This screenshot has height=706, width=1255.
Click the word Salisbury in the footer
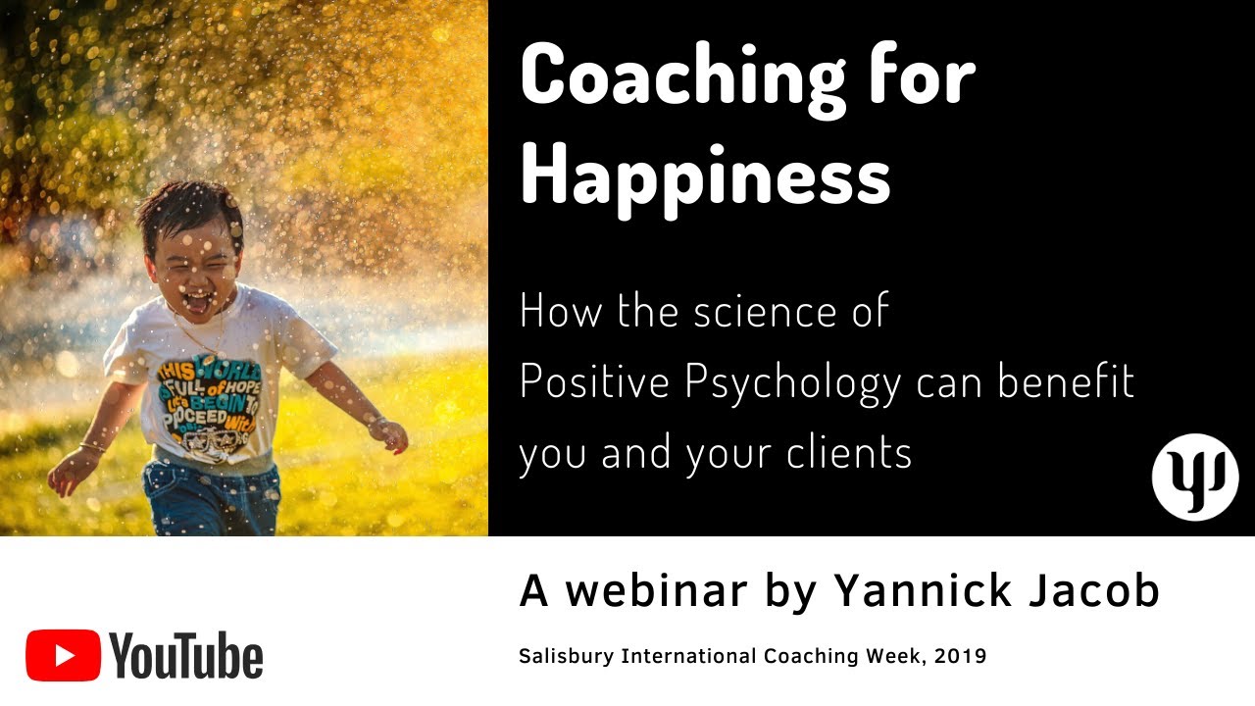[x=567, y=656]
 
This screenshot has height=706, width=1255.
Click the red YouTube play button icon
[x=63, y=655]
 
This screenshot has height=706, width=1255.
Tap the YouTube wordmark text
[x=186, y=655]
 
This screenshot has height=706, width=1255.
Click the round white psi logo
[x=1195, y=479]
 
